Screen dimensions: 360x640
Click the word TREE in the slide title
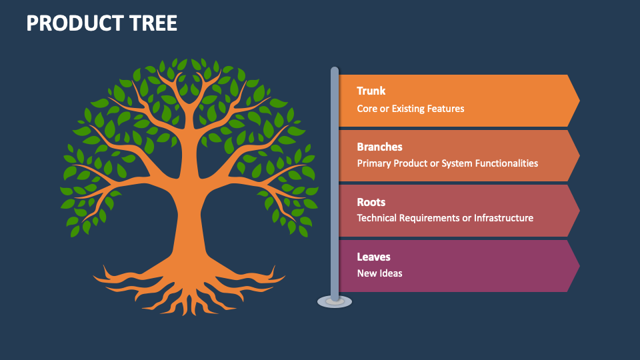pos(154,24)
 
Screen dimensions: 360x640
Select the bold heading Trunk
pos(371,91)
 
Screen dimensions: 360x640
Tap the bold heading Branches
pos(379,147)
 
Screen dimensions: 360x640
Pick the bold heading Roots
pos(371,202)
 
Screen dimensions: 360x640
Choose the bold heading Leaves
pos(373,257)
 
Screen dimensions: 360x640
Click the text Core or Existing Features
pos(410,108)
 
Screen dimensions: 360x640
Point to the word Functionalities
pos(505,163)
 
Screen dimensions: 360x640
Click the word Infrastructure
pos(503,218)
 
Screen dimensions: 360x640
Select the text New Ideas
pos(379,273)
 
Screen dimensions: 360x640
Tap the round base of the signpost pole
pos(334,301)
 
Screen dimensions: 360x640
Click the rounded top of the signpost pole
pos(335,70)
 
